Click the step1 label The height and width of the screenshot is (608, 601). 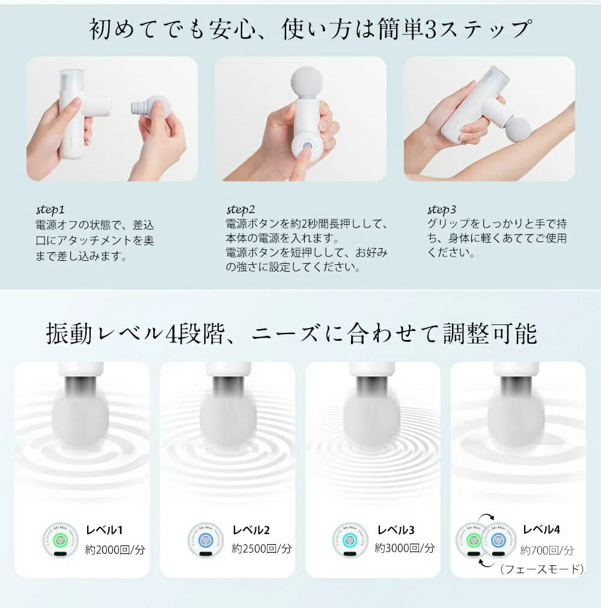(x=50, y=210)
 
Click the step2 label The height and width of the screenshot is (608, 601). (x=241, y=210)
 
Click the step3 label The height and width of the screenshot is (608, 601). (x=442, y=210)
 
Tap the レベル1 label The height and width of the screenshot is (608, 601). (x=105, y=530)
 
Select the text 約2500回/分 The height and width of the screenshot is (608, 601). (x=262, y=548)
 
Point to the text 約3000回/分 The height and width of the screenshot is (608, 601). (x=404, y=548)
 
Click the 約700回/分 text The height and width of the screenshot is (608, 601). (x=547, y=550)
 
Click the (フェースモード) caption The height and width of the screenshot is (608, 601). (x=542, y=569)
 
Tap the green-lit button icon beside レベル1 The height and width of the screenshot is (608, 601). (x=60, y=540)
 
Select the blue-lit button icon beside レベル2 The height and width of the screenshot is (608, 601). (x=206, y=540)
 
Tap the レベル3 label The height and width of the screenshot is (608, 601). (x=396, y=530)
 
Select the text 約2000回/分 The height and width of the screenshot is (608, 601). (x=115, y=549)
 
